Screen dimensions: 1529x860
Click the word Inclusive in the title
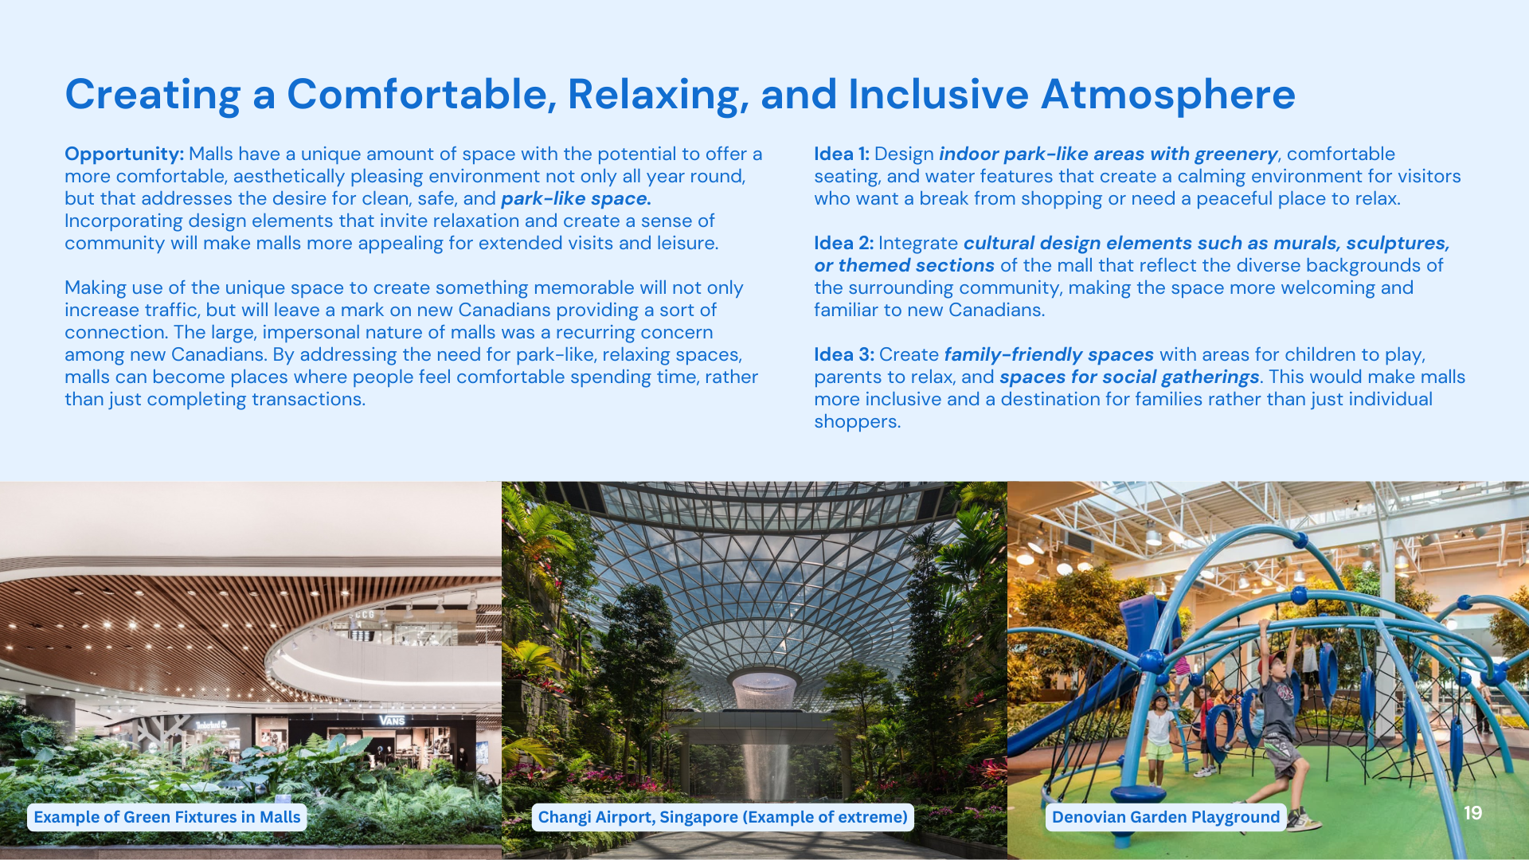click(938, 94)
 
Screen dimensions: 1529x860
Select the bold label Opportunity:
click(124, 154)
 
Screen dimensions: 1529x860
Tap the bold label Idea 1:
click(842, 154)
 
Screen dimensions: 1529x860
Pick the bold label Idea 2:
click(843, 243)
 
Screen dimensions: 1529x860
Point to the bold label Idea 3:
click(844, 354)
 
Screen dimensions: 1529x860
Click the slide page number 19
click(1472, 812)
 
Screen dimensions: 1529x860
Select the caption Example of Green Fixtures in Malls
click(167, 817)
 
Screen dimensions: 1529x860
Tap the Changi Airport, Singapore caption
click(723, 817)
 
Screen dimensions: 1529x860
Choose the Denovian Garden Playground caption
click(1166, 817)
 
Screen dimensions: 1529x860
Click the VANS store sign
click(392, 721)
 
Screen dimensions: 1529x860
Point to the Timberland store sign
click(212, 725)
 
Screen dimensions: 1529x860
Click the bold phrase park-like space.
click(576, 199)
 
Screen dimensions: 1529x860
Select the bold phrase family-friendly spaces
click(1049, 355)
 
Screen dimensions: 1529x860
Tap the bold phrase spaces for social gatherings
click(1129, 377)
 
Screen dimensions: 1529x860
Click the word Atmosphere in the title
click(1168, 94)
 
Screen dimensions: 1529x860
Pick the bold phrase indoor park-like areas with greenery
click(1109, 154)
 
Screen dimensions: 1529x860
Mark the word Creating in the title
click(153, 96)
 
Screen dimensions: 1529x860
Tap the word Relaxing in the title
click(659, 96)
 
